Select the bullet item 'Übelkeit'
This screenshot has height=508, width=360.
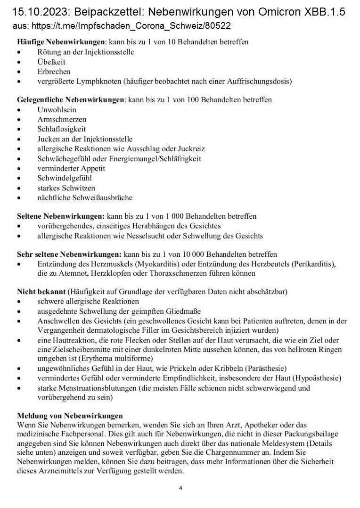click(51, 62)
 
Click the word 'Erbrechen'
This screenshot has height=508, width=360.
click(54, 72)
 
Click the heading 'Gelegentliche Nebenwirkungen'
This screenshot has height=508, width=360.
click(71, 100)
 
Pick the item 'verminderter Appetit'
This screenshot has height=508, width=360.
click(71, 168)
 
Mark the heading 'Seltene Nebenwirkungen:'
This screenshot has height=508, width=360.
click(61, 216)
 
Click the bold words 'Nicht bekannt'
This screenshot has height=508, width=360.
click(41, 292)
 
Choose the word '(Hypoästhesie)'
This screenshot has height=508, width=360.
click(317, 378)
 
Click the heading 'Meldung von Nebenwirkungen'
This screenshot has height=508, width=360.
click(70, 416)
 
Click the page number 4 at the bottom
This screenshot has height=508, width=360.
click(180, 488)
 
